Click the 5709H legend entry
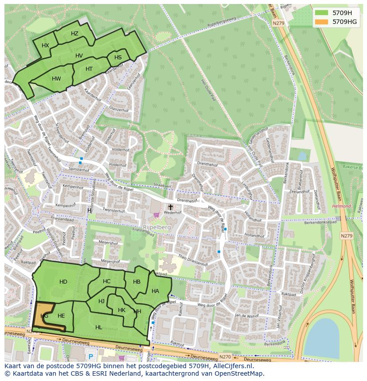342,13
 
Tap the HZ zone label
74,34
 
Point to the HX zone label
45,46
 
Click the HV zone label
79,56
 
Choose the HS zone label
118,58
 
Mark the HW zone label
56,79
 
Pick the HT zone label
89,69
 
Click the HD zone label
63,282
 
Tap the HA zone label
155,291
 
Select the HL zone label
98,327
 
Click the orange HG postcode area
43,316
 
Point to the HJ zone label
102,301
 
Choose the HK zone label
121,310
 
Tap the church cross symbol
170,207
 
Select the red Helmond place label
341,206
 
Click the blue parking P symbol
91,357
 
